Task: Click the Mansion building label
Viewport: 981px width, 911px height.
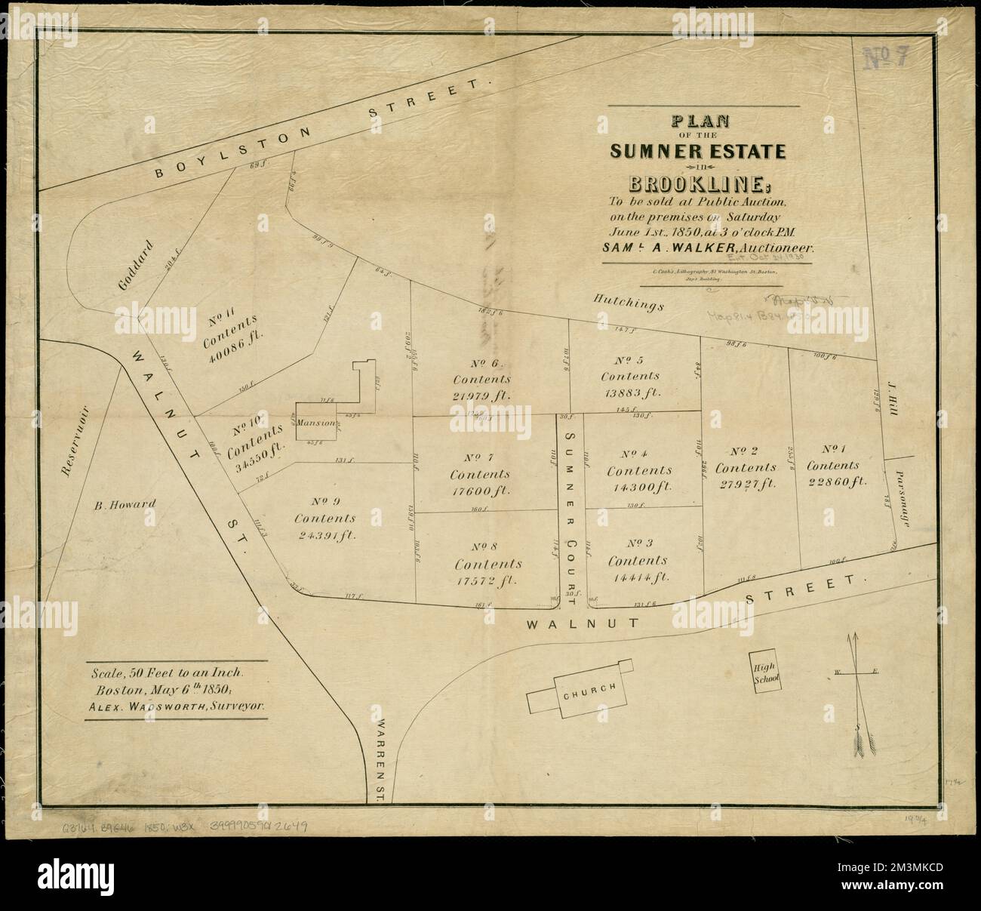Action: [315, 423]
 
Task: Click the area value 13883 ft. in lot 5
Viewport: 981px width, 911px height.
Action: [631, 392]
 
